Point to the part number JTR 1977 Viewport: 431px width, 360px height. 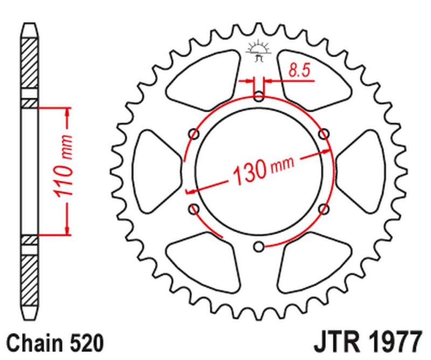coord(365,342)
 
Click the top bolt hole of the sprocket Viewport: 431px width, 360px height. coord(259,98)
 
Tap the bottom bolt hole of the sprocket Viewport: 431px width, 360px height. coord(259,246)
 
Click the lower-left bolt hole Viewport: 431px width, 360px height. coord(194,209)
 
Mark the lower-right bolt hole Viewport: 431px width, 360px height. coord(324,209)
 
